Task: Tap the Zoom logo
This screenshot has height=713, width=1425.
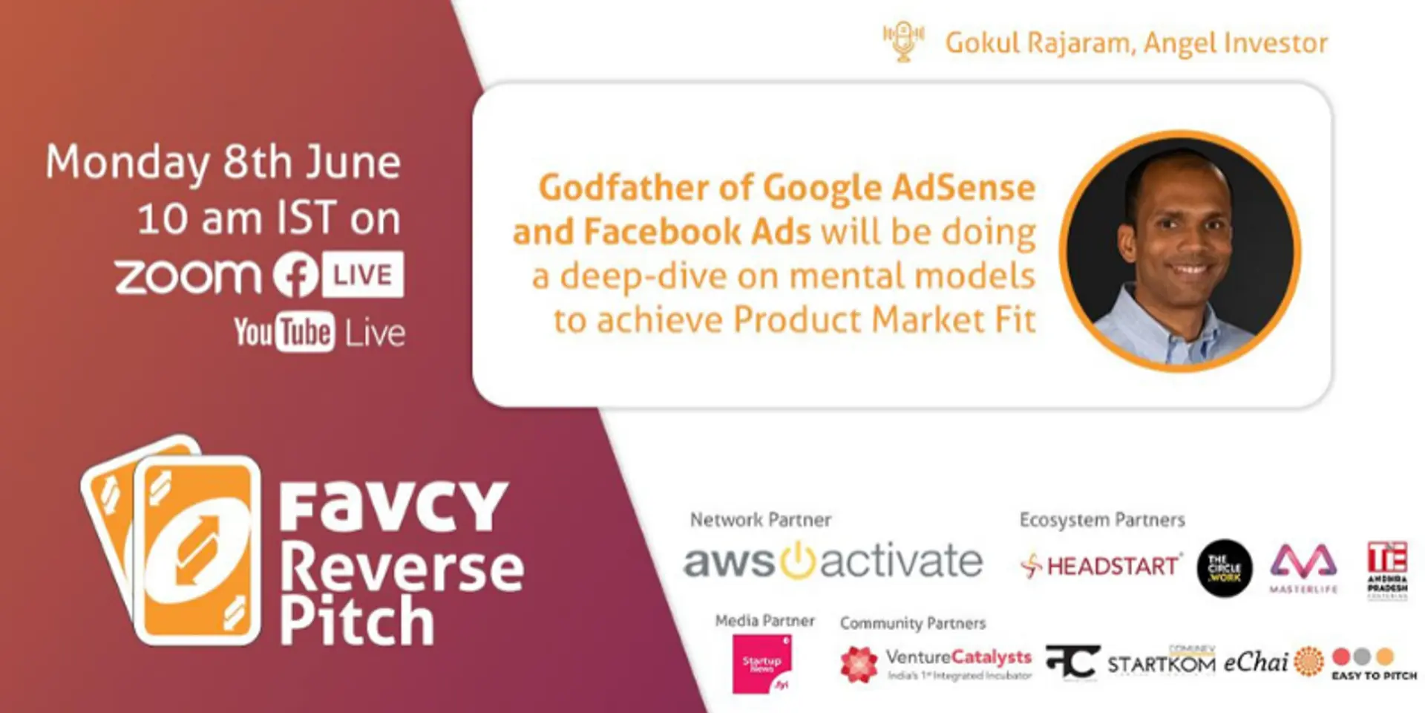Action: coord(188,276)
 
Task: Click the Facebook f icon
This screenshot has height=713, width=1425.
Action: coord(296,275)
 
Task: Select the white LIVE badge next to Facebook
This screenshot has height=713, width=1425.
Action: coord(363,275)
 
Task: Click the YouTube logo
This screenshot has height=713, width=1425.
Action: coord(284,332)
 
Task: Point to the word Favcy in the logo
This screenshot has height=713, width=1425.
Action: coord(393,507)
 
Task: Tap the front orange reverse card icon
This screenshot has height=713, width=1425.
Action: coord(197,550)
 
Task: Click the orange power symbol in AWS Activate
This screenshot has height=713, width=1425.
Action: coord(797,561)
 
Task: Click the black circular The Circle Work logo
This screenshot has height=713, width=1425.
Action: coord(1225,568)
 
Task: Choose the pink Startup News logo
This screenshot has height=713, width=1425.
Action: coord(762,663)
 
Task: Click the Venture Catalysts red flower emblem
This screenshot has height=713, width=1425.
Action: coord(859,663)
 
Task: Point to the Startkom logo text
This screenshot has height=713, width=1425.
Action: coord(1161,662)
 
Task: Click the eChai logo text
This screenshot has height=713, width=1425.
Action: coord(1255,661)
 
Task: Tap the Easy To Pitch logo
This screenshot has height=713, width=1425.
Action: coord(1374,664)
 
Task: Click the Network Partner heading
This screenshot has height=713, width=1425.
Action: coord(760,520)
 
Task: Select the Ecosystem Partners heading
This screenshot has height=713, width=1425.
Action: coord(1102,520)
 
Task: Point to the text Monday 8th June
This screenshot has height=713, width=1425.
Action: coord(223,162)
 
